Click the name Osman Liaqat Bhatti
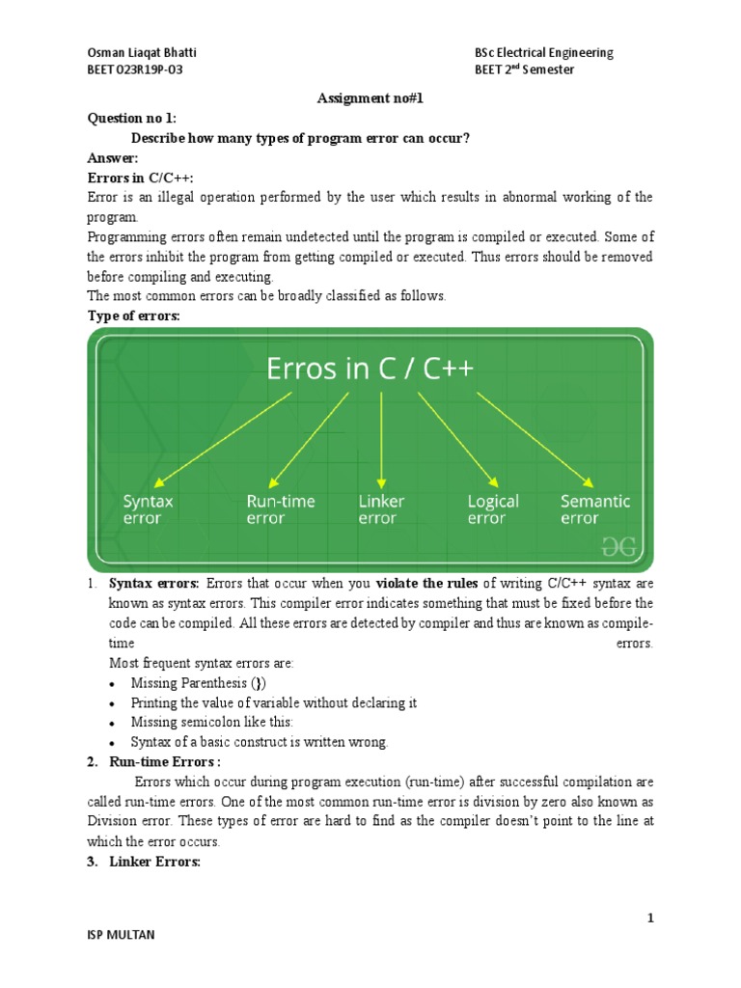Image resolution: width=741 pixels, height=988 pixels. pyautogui.click(x=141, y=52)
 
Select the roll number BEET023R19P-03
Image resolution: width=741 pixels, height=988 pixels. pyautogui.click(x=136, y=70)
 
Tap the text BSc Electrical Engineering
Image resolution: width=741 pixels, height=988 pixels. pyautogui.click(x=544, y=52)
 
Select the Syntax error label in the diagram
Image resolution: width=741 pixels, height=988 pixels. pyautogui.click(x=148, y=509)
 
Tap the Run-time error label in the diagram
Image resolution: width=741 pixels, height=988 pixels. pyautogui.click(x=280, y=509)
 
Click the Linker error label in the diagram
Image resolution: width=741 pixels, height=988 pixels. pyautogui.click(x=381, y=509)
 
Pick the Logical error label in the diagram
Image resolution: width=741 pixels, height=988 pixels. pyautogui.click(x=492, y=509)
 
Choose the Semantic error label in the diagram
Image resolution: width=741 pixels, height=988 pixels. pyautogui.click(x=594, y=509)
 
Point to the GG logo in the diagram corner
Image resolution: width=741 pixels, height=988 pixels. pyautogui.click(x=619, y=547)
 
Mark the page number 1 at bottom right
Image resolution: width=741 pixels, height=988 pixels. pyautogui.click(x=650, y=919)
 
